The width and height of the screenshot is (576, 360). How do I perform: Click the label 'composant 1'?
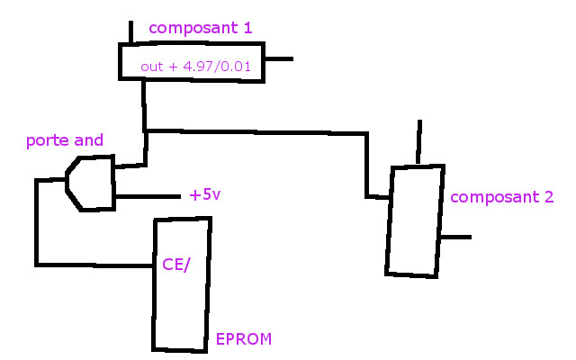coord(200,28)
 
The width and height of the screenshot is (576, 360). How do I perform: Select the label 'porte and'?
coord(64,140)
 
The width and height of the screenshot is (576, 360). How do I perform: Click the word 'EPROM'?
coord(243,339)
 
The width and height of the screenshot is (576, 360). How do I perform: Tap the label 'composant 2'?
coord(501,197)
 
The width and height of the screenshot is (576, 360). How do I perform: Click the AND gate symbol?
coord(91,183)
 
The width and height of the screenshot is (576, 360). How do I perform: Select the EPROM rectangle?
coord(183,306)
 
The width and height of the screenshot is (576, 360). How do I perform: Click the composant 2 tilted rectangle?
coord(415,220)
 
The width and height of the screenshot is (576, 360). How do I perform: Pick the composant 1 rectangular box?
coord(192,62)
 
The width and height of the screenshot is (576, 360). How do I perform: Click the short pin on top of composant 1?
coord(131,34)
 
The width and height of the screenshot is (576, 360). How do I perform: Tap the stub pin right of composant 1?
coord(278,60)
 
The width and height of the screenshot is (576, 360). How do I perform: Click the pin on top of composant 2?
coord(418,144)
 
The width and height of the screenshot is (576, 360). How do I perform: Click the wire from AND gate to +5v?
coord(147,196)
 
